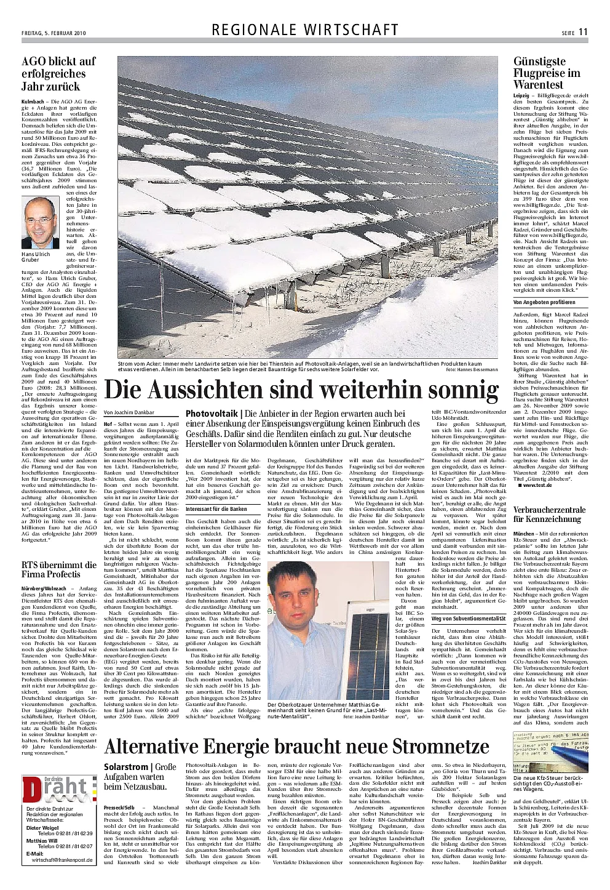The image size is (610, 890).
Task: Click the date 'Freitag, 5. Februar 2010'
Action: pyautogui.click(x=53, y=33)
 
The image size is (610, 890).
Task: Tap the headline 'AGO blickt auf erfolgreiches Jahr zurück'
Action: pyautogui.click(x=59, y=74)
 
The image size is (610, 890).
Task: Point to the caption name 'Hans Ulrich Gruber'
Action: pyautogui.click(x=36, y=257)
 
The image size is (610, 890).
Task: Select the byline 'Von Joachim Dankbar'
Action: pyautogui.click(x=129, y=412)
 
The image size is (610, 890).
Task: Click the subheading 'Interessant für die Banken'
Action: pyautogui.click(x=216, y=509)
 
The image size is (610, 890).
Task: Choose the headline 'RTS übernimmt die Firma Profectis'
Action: pyautogui.click(x=59, y=569)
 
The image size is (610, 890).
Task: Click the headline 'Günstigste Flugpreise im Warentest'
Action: pyautogui.click(x=547, y=73)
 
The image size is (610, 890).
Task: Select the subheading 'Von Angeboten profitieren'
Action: pyautogui.click(x=544, y=302)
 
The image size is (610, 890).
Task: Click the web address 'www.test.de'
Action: pyautogui.click(x=537, y=485)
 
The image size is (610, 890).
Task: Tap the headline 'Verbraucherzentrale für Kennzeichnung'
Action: pyautogui.click(x=549, y=514)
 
